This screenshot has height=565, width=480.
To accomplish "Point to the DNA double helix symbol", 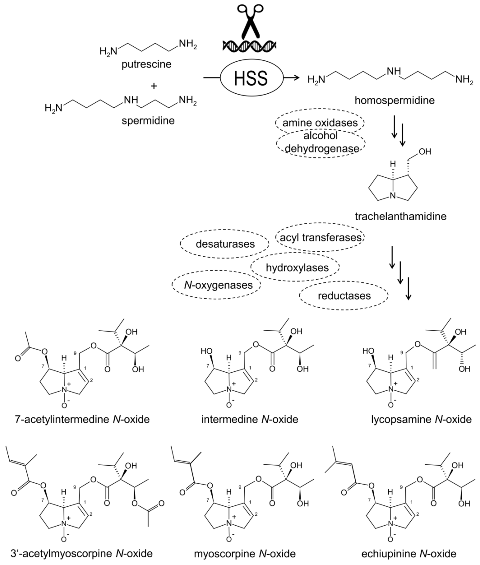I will click(249, 45).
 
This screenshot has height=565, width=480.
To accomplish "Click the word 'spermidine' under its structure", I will click(148, 120).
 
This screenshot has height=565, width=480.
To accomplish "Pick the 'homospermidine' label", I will click(395, 100).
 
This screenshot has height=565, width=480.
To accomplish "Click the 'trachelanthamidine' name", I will click(401, 216).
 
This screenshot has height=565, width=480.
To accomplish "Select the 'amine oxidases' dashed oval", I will click(320, 123).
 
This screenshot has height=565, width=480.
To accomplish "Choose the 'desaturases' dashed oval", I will click(225, 244).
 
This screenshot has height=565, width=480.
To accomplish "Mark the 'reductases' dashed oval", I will click(344, 296).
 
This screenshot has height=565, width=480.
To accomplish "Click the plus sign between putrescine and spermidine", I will click(154, 86).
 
